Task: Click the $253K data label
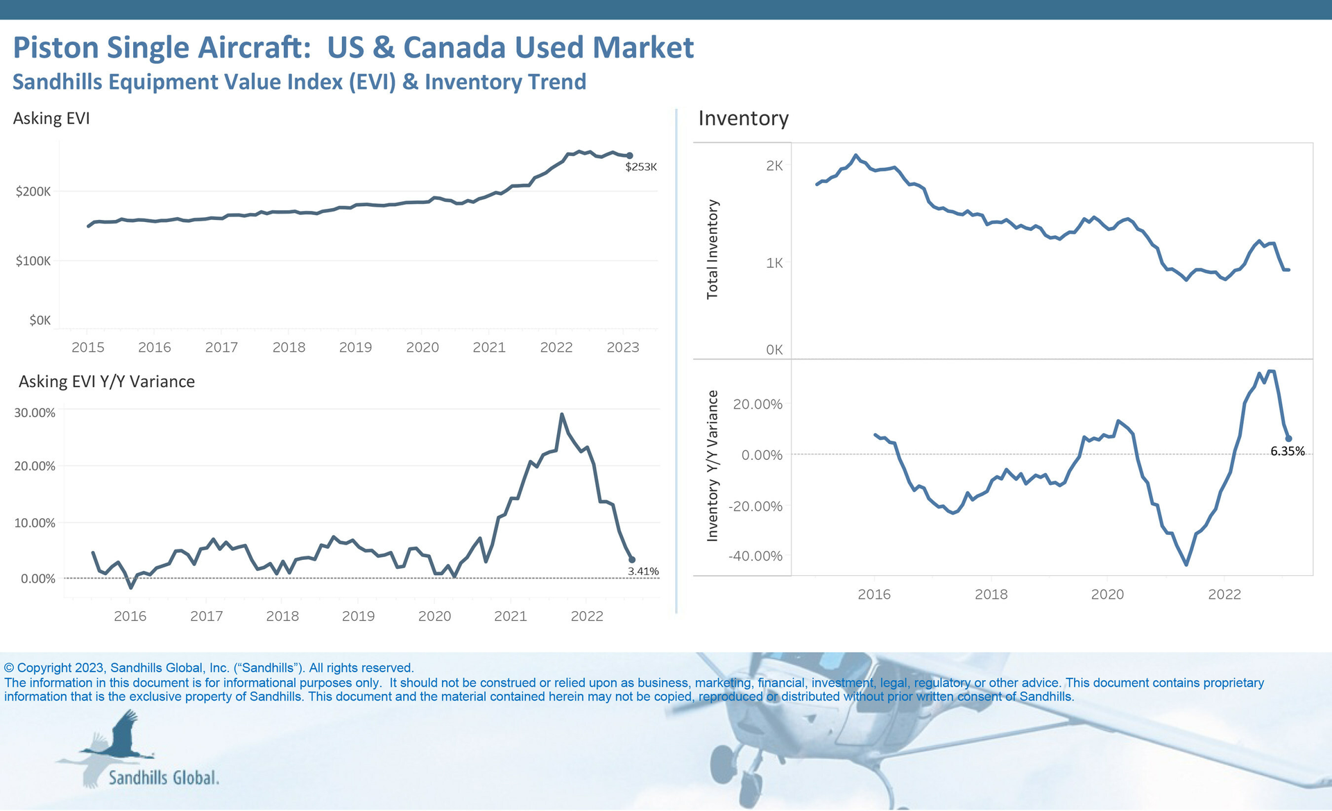(x=640, y=167)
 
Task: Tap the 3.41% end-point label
(x=643, y=572)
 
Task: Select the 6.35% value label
(x=1287, y=452)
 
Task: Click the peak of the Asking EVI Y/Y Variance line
(x=562, y=415)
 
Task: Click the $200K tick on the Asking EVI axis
(x=33, y=191)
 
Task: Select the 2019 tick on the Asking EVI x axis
(x=355, y=348)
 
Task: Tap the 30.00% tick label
(x=35, y=413)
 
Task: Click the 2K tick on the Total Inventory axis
(x=774, y=166)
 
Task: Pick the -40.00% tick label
(x=755, y=556)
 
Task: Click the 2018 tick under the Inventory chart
(x=991, y=595)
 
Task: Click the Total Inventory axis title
(x=712, y=250)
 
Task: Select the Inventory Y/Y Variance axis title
(x=712, y=466)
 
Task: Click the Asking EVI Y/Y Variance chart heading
(x=107, y=382)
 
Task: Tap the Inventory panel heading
(x=743, y=119)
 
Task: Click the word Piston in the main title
(x=56, y=48)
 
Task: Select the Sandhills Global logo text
(x=164, y=778)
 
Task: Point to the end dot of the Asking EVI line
(x=630, y=156)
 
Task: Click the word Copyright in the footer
(x=44, y=668)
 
